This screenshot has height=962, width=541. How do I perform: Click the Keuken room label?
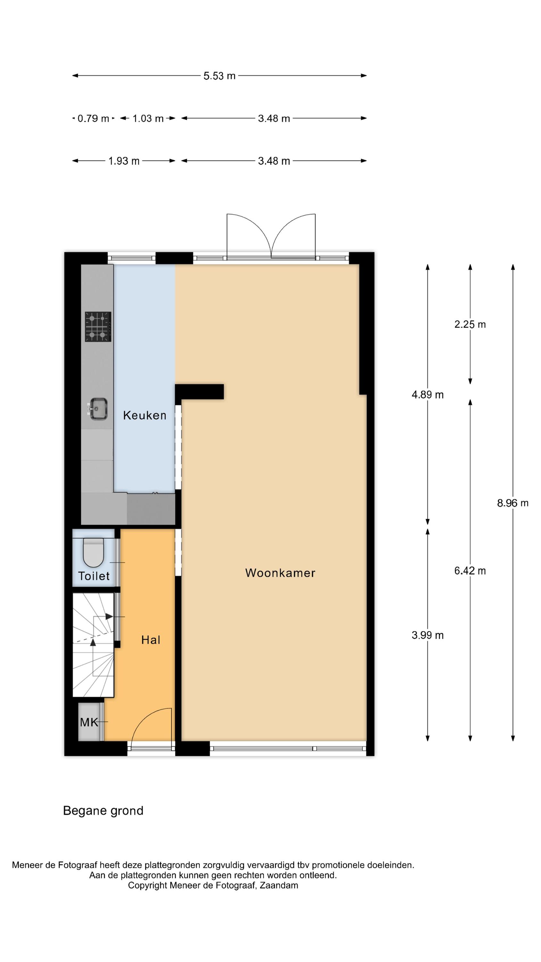(145, 415)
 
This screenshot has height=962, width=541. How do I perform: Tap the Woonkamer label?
(280, 573)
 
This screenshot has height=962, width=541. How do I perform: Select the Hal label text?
(150, 640)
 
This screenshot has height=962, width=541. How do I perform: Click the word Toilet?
(94, 576)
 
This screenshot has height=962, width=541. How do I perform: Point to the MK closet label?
(89, 722)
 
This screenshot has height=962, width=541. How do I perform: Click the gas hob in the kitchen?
(98, 327)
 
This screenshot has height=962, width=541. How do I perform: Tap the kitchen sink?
(98, 409)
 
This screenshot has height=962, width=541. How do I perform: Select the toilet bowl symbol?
(93, 553)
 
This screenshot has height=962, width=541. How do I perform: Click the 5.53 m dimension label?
(219, 76)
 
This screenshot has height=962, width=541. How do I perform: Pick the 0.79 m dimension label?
(93, 118)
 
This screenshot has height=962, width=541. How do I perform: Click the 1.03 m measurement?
(148, 118)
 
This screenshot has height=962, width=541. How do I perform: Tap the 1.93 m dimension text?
(124, 161)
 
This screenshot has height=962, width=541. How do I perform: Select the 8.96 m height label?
(512, 503)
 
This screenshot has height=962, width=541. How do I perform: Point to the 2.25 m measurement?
(470, 324)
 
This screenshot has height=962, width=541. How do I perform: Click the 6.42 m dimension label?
(470, 571)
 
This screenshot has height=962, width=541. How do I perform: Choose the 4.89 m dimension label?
(428, 394)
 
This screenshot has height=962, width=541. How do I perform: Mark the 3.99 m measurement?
(428, 635)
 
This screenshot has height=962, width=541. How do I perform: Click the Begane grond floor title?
(103, 810)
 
